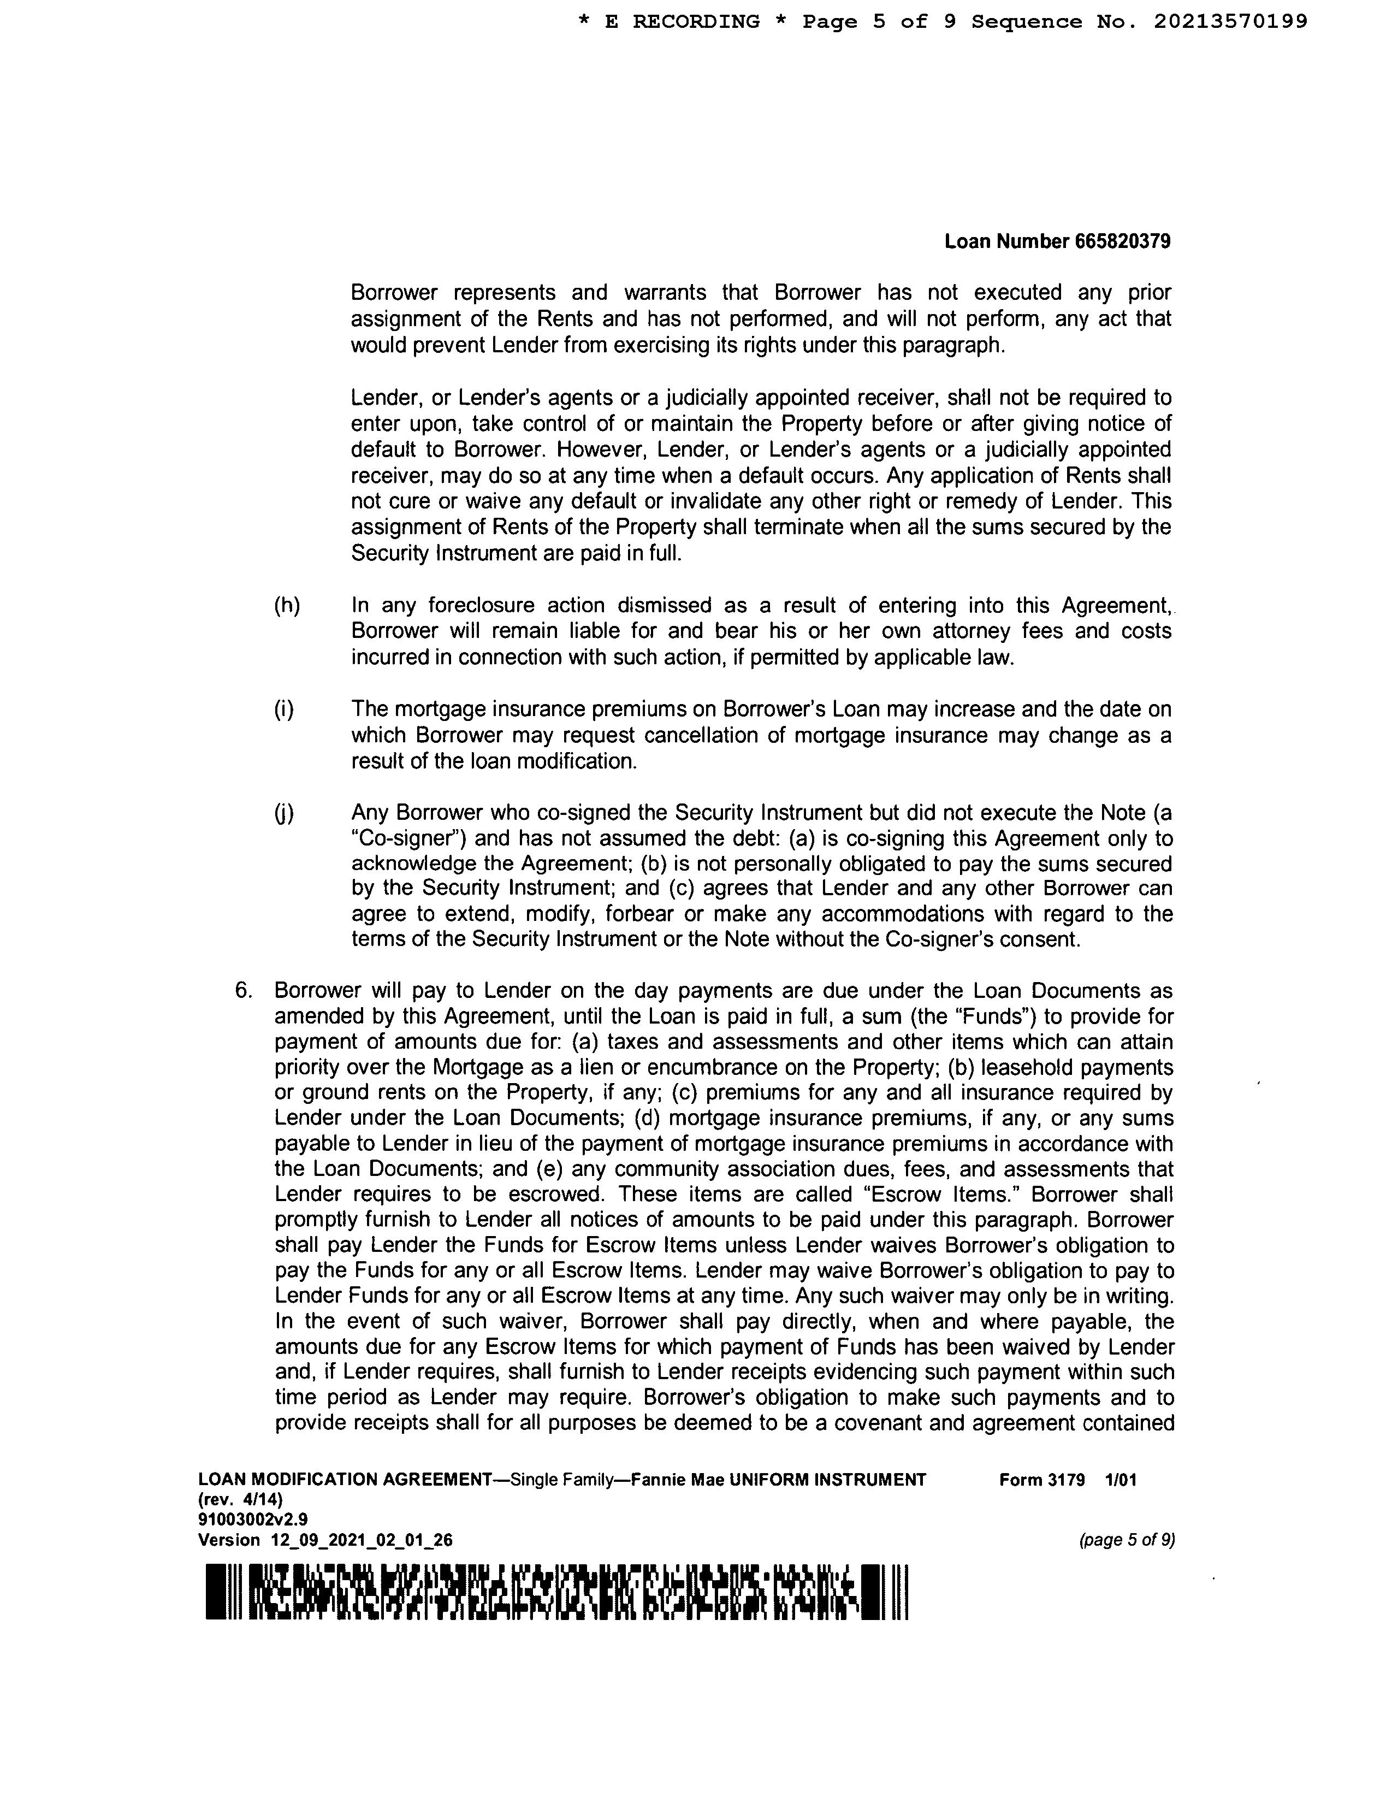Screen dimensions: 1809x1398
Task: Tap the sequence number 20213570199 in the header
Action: click(x=1230, y=21)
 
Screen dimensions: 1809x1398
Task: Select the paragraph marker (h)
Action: click(x=287, y=606)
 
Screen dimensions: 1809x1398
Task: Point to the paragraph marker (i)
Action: click(x=284, y=710)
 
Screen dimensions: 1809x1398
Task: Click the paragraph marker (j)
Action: click(x=284, y=813)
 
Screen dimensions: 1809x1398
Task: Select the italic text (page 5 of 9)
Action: click(x=1127, y=1541)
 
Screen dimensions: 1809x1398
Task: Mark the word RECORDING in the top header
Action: click(x=696, y=21)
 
